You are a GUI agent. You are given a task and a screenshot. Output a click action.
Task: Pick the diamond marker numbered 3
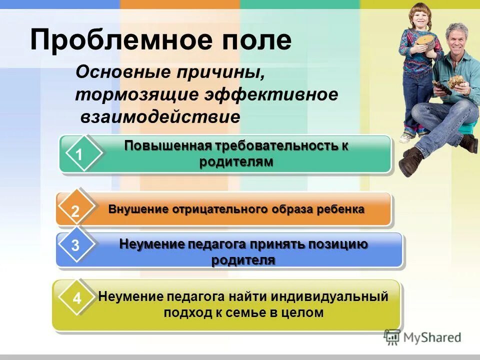[x=75, y=246]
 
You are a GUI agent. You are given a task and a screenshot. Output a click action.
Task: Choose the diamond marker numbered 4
[x=76, y=299]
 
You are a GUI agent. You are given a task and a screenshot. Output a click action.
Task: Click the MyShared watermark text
[x=432, y=337]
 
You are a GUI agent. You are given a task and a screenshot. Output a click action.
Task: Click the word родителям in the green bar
[x=236, y=162]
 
